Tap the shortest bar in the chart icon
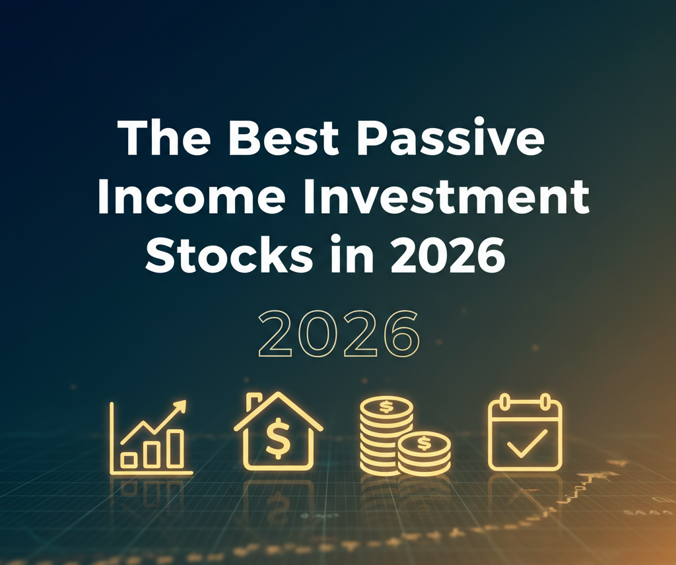pyautogui.click(x=129, y=459)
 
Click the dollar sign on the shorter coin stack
pyautogui.click(x=424, y=442)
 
